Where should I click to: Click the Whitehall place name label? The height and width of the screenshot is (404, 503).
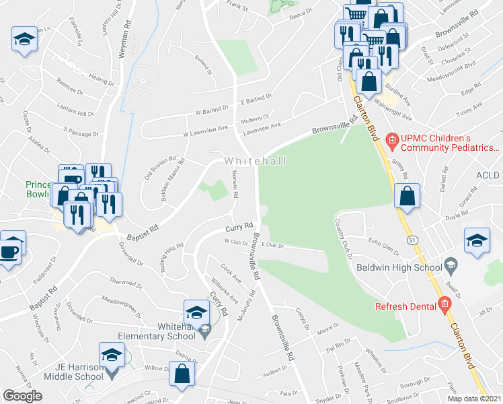(256, 161)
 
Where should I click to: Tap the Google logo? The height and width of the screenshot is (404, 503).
(22, 396)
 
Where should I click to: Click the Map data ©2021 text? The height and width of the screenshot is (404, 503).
(474, 399)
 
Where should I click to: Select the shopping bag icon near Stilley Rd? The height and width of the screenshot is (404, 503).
(407, 196)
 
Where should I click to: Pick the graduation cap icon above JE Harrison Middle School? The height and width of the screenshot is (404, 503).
(112, 355)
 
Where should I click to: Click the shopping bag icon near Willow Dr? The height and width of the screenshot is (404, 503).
(182, 375)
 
